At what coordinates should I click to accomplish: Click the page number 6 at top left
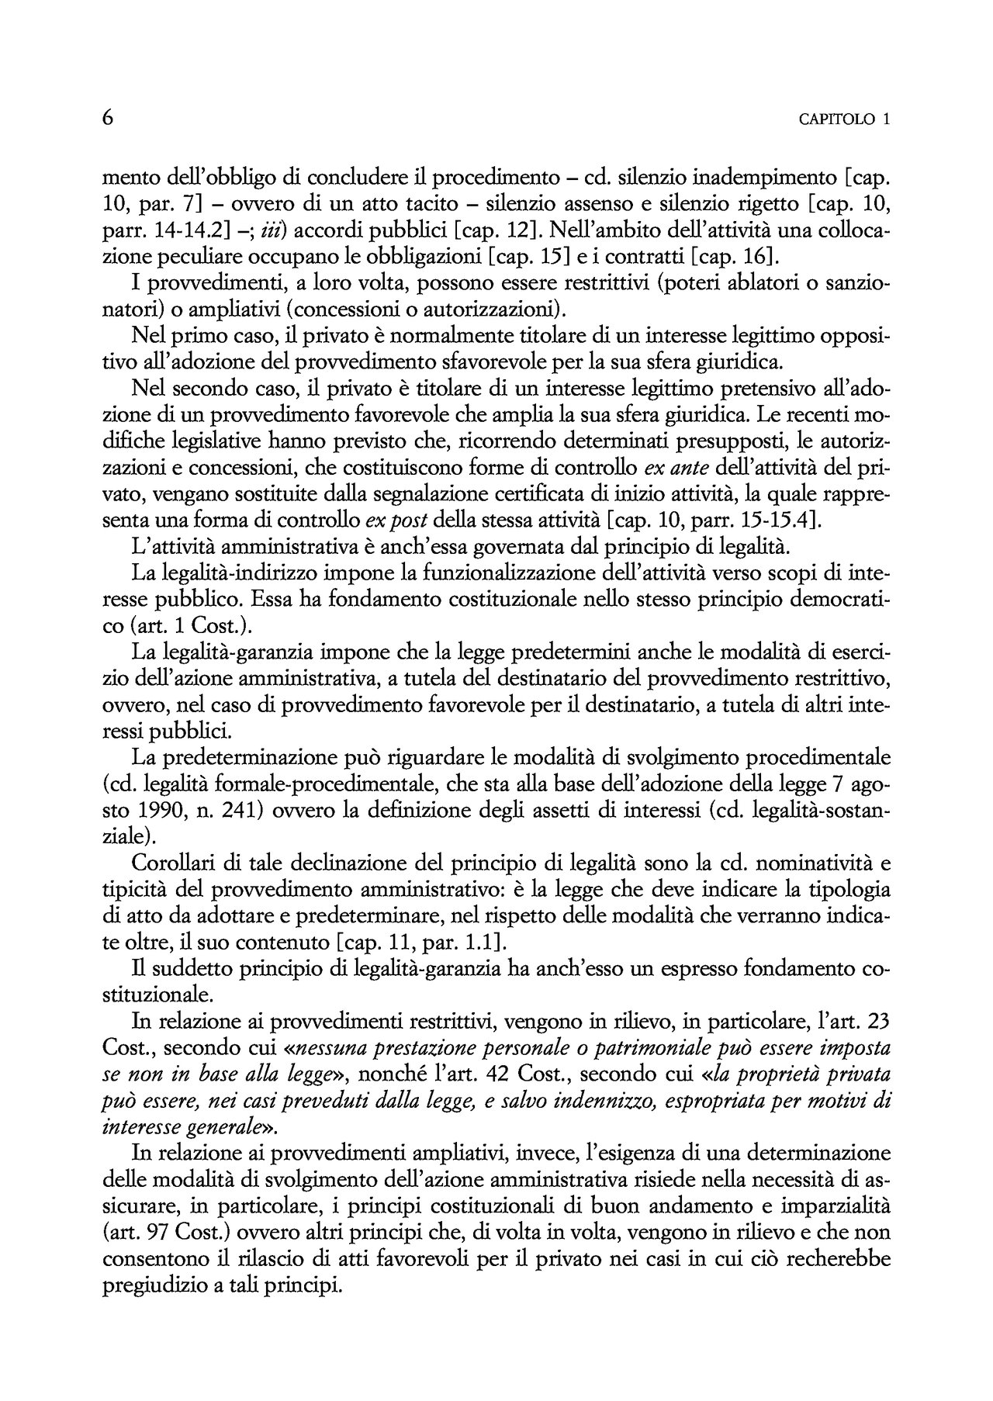tap(109, 119)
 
